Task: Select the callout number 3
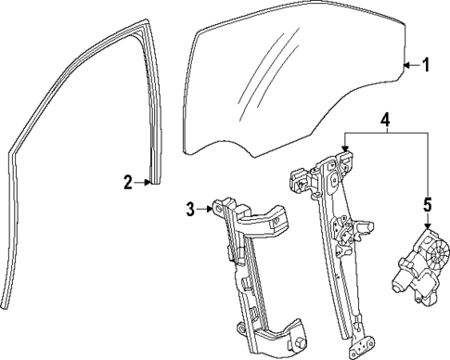[x=190, y=210]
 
